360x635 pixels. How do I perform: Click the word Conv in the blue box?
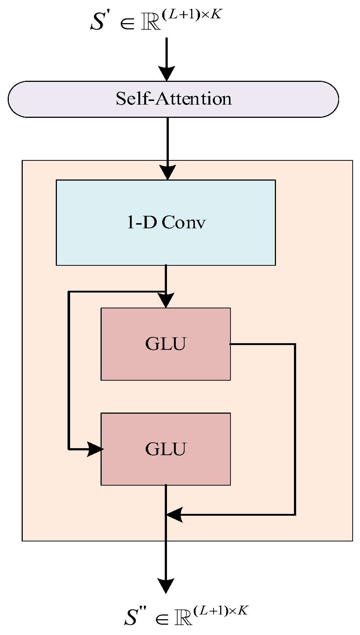(x=183, y=222)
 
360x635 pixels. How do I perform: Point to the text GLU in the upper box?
(x=166, y=344)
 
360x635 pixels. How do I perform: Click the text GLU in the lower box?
(x=166, y=449)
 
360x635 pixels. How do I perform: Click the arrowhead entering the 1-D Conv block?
(x=168, y=172)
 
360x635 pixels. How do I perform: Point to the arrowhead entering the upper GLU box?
(x=166, y=300)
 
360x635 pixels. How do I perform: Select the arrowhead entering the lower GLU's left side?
(x=95, y=449)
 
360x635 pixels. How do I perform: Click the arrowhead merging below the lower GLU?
(x=174, y=515)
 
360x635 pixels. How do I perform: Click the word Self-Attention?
(x=174, y=99)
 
